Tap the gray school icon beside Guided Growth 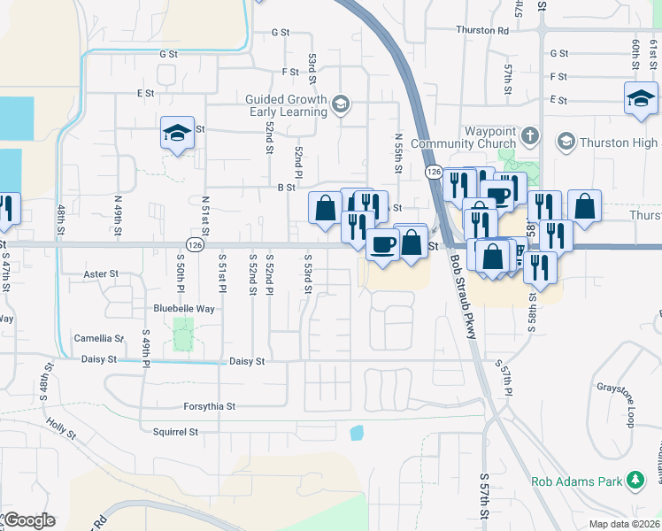point(339,106)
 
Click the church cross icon point(530,136)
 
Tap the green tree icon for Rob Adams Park point(635,481)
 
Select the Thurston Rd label point(482,30)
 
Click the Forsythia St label point(209,407)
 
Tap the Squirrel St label point(175,433)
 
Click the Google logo point(28,519)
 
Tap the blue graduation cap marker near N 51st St point(177,134)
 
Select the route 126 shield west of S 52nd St point(195,244)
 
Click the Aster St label point(100,274)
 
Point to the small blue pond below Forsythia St point(356,433)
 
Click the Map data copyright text point(624,524)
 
